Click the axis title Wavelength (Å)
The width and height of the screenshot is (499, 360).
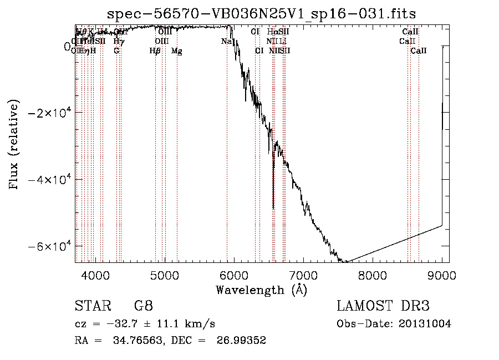click(261, 290)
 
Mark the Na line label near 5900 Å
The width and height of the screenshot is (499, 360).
click(226, 41)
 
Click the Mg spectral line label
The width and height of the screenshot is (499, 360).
click(176, 51)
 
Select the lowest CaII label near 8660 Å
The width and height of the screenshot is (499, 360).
click(419, 51)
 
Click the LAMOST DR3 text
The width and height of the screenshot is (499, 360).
click(383, 306)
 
